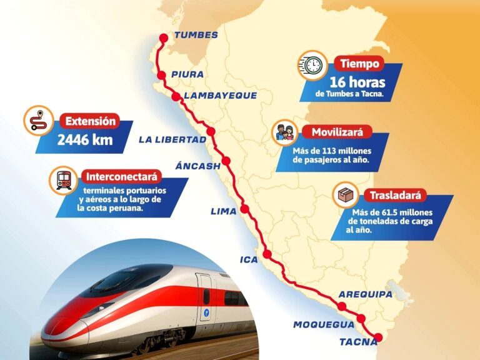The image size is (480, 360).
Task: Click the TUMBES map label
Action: click(196, 35)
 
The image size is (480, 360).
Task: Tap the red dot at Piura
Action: click(161, 75)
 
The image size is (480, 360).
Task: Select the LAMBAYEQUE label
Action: click(212, 96)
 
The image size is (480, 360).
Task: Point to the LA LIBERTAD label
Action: click(172, 139)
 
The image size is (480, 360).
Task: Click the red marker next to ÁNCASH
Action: click(226, 161)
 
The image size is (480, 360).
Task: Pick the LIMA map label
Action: click(223, 211)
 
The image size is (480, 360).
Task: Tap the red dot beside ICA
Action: click(267, 254)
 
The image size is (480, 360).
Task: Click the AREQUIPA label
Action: click(365, 294)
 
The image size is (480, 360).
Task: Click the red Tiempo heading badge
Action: click(360, 64)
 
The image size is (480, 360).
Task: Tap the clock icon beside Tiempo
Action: click(312, 65)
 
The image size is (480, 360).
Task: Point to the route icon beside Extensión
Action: click(38, 120)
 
